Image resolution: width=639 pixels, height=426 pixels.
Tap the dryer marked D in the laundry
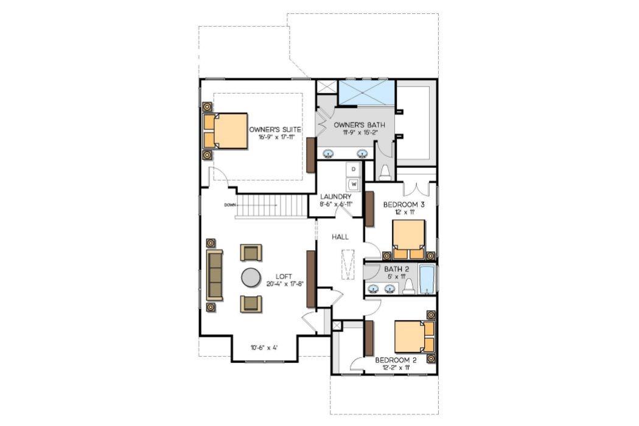click(x=353, y=169)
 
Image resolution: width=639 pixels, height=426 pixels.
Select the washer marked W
click(x=353, y=184)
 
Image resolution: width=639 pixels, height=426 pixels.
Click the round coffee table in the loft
click(x=251, y=278)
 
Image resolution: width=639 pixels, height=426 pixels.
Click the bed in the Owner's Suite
click(x=225, y=131)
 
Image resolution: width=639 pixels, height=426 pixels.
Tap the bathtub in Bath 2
click(x=427, y=279)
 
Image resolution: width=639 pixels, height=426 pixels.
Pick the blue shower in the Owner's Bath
click(x=367, y=93)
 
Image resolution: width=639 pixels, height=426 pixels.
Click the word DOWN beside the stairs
click(x=230, y=204)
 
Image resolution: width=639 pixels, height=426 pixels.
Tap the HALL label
click(x=340, y=237)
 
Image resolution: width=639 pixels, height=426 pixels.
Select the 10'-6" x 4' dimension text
click(x=264, y=347)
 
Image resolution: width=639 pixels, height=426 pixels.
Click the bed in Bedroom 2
click(x=414, y=337)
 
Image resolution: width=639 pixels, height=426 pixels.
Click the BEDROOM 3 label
click(x=404, y=204)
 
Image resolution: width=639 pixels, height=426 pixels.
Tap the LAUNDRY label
click(x=336, y=197)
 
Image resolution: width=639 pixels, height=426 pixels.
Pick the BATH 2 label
click(x=397, y=269)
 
